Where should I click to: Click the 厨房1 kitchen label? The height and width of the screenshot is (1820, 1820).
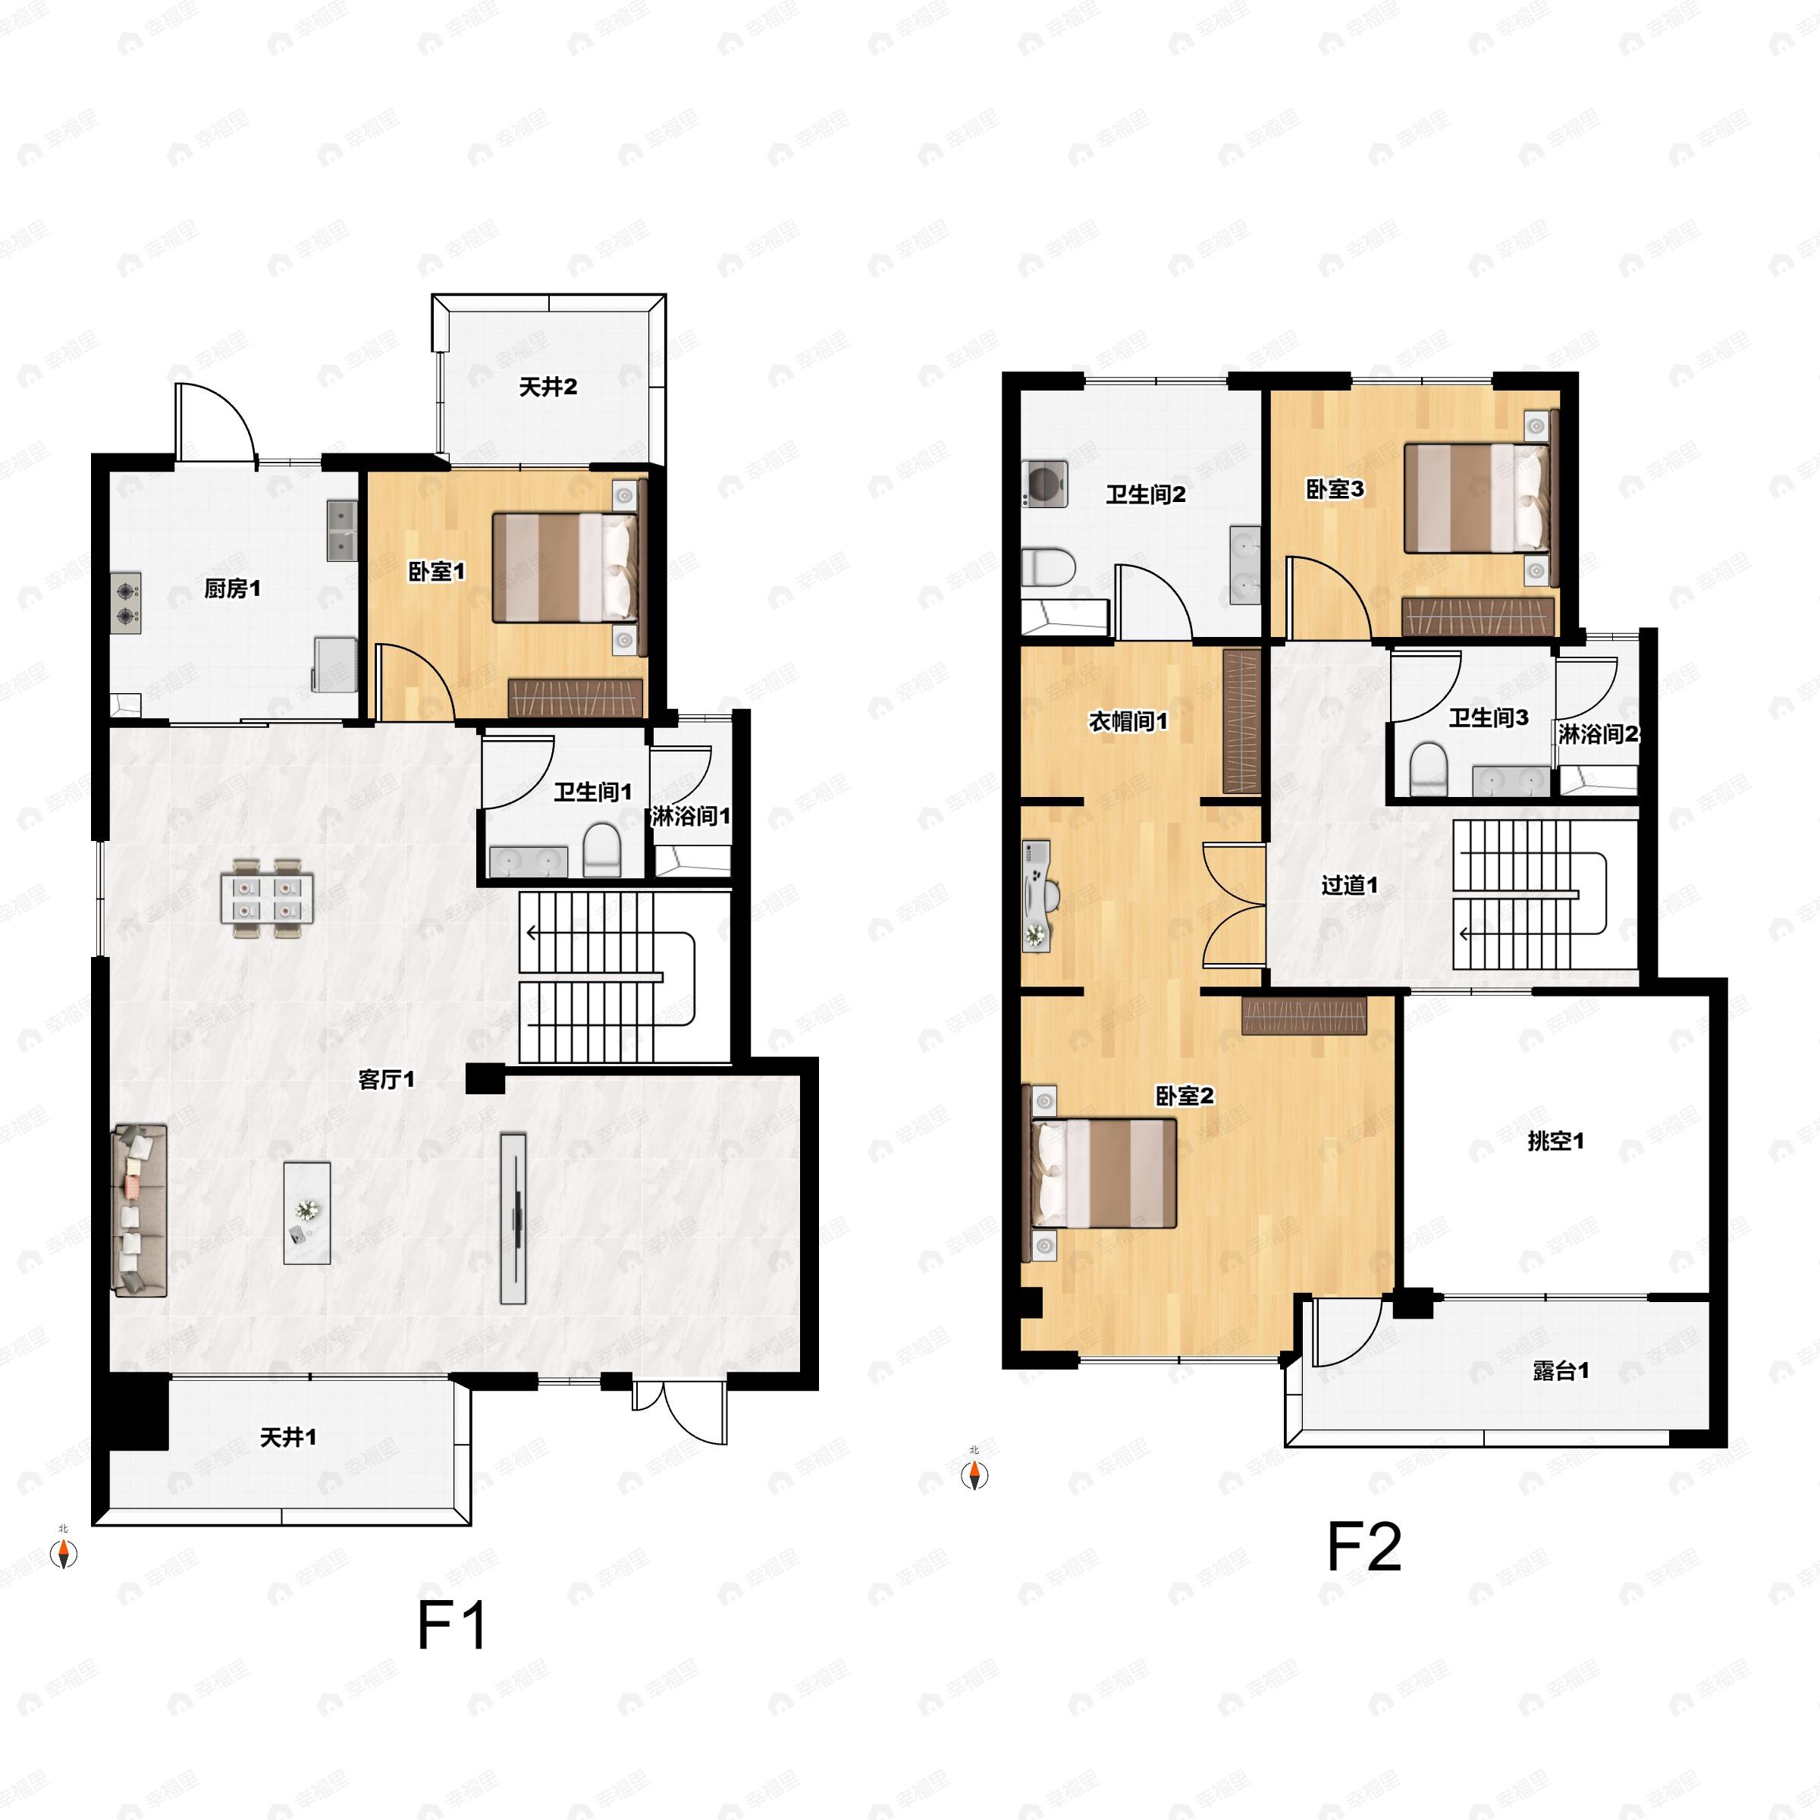coord(232,588)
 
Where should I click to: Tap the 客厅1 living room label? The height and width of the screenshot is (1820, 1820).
coord(386,1080)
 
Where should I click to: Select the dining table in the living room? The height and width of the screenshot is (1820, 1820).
coord(267,898)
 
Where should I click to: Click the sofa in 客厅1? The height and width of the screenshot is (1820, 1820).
coord(140,1210)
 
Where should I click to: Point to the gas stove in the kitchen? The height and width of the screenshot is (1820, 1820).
coord(126,603)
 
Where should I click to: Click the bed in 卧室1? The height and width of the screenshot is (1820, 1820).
coord(564,567)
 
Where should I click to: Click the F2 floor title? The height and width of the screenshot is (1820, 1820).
coord(1363,1547)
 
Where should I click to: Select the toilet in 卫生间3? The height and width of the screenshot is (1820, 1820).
coord(1428,769)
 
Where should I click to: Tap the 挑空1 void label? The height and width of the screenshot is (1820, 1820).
coord(1555,1141)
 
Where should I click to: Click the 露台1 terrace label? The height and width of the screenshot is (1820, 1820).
coord(1561,1370)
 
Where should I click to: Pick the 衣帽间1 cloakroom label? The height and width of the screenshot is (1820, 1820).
coord(1128,722)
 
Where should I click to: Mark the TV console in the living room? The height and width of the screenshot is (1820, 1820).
coord(513,1218)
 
